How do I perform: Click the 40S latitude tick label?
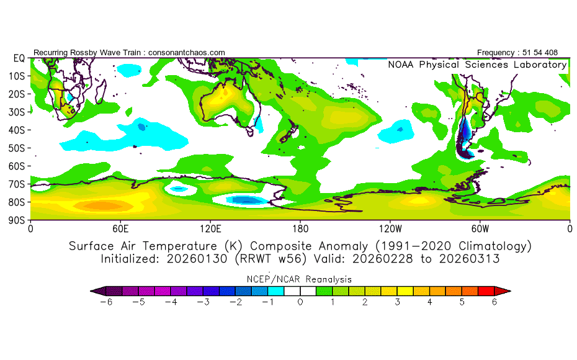(x=17, y=130)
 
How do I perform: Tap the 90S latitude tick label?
(x=17, y=220)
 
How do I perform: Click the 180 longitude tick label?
(x=300, y=228)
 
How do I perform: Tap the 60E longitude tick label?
(x=120, y=228)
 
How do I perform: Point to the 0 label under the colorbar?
(x=300, y=302)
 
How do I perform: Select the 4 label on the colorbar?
(x=429, y=302)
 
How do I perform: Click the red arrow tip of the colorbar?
(x=506, y=290)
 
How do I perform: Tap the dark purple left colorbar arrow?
(x=94, y=290)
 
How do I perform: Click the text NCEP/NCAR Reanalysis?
(x=300, y=279)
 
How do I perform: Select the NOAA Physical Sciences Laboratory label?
(x=476, y=65)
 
